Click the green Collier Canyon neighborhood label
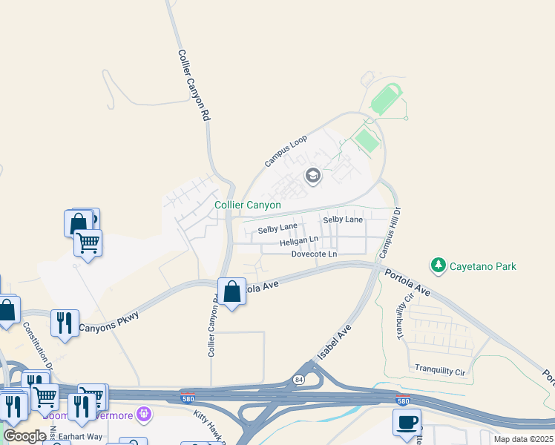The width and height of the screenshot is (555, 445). [248, 205]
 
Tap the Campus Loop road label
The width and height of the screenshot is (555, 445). [286, 151]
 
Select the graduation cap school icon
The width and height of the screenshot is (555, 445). [312, 176]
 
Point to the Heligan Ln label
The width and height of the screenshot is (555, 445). [298, 242]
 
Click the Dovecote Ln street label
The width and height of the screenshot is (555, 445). [314, 254]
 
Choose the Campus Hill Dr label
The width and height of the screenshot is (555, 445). [390, 232]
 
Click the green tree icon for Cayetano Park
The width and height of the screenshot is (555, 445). [439, 265]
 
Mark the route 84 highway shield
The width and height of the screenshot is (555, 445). [299, 379]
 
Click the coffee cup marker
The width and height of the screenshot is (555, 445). [406, 423]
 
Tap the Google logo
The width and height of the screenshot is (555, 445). [24, 436]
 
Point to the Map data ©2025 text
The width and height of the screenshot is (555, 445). [523, 439]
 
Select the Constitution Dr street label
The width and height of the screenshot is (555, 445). [38, 346]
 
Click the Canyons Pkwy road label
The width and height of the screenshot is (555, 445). [108, 322]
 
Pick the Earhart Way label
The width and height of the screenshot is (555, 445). [81, 437]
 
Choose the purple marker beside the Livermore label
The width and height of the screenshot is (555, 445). [144, 413]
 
